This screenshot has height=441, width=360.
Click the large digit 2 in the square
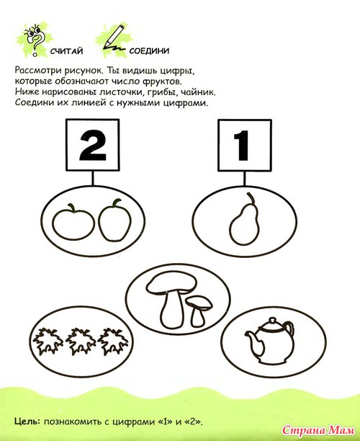[93, 146]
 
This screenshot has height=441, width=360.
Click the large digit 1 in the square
[242, 146]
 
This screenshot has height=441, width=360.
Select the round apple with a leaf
[73, 221]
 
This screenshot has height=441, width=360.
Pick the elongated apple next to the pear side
[115, 220]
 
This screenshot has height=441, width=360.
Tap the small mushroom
[199, 310]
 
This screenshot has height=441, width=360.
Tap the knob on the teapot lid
[272, 321]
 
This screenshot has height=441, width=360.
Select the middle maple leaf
[81, 341]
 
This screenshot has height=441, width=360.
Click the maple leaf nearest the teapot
[113, 341]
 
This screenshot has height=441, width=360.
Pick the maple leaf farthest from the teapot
[48, 341]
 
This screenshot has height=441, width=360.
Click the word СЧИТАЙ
[67, 51]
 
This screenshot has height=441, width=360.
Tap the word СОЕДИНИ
[149, 51]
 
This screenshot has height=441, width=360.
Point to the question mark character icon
[35, 39]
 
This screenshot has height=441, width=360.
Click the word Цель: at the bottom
[27, 422]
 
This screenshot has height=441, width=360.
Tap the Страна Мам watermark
[318, 430]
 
